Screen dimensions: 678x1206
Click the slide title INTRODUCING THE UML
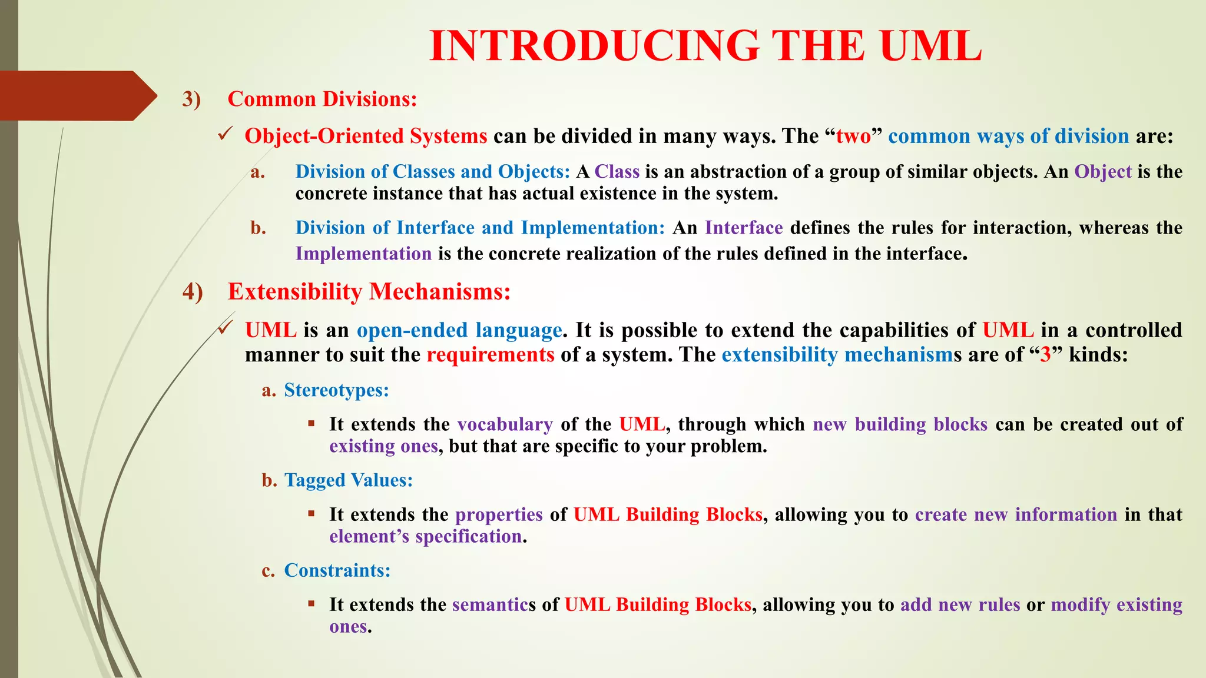coord(705,46)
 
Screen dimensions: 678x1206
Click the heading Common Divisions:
coord(322,99)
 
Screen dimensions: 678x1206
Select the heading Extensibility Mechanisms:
coord(369,292)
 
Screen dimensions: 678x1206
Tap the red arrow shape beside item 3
coord(77,96)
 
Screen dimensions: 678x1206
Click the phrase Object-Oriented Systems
coord(366,136)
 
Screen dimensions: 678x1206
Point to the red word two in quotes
coord(853,136)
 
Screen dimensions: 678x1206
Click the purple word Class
coord(617,171)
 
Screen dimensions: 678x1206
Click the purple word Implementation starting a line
coord(363,254)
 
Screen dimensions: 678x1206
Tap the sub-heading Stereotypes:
coord(336,390)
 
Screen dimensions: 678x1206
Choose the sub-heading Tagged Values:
coord(349,480)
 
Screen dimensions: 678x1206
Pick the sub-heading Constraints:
coord(337,570)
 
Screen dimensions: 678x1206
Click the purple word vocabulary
coord(505,424)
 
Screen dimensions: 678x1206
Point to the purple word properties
coord(499,514)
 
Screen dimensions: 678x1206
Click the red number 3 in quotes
coord(1045,355)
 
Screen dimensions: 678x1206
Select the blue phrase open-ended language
coord(459,330)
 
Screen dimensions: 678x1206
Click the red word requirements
coord(490,355)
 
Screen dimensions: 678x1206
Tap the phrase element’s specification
coord(425,536)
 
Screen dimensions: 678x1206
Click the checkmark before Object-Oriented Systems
coord(226,135)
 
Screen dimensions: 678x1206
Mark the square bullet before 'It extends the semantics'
coord(312,603)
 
